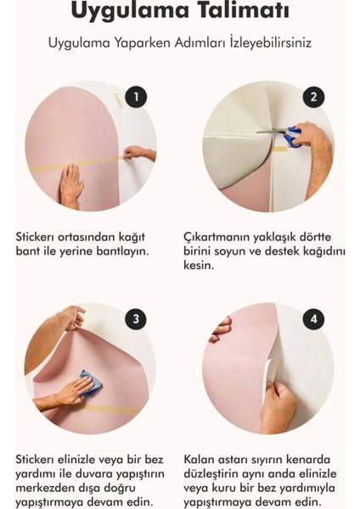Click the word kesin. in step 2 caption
200,266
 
